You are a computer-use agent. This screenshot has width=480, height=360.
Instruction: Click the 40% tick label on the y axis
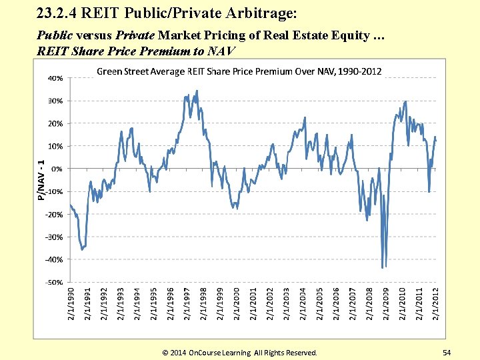[55, 78]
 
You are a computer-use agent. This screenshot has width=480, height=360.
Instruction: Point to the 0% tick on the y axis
[57, 169]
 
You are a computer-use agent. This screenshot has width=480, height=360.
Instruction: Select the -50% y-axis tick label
[55, 282]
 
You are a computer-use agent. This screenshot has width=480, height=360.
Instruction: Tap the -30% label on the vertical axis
[55, 237]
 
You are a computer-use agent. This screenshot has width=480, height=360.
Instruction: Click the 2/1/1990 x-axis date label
[71, 303]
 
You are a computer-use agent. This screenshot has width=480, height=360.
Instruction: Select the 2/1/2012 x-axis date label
[435, 303]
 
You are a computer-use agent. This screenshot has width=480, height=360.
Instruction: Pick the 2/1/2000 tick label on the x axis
[237, 303]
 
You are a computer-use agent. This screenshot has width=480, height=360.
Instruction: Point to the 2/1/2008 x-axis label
[369, 303]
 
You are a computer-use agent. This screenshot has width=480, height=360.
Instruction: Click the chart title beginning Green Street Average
[239, 71]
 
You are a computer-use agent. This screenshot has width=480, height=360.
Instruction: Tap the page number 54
[446, 351]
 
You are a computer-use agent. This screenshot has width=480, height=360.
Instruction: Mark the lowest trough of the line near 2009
[383, 267]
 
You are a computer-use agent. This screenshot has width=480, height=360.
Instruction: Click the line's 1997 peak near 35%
[197, 91]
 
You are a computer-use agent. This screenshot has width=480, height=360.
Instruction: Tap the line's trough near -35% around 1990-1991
[82, 249]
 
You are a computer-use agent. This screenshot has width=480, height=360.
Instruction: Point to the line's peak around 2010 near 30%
[405, 102]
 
